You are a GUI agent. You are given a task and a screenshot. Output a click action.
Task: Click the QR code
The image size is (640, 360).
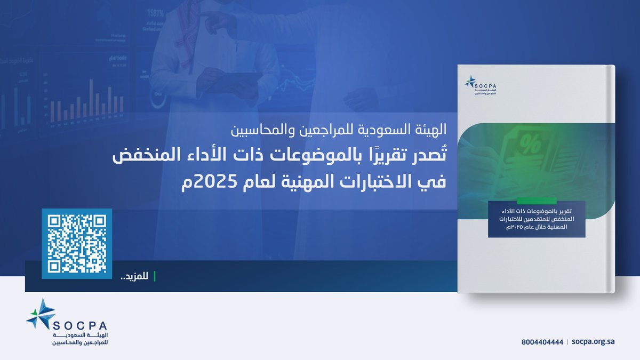click(x=77, y=243)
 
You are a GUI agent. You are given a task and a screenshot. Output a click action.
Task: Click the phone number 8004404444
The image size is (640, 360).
click(x=542, y=341)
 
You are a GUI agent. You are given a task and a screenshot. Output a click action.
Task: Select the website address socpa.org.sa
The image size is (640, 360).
click(x=593, y=341)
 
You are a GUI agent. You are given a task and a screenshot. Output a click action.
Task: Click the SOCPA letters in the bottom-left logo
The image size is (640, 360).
click(x=80, y=326)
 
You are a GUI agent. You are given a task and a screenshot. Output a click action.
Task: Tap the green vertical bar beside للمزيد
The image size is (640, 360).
click(x=155, y=276)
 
